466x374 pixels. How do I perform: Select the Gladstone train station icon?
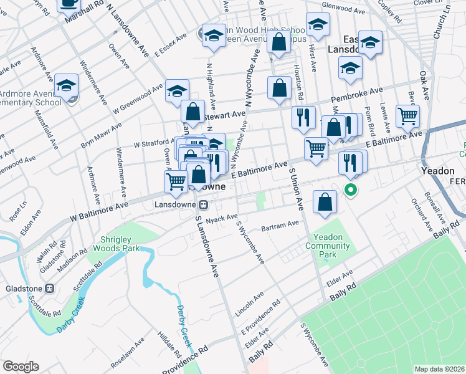coord(50,289)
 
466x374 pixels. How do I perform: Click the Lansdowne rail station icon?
coord(203,204)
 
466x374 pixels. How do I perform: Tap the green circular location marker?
coord(351,191)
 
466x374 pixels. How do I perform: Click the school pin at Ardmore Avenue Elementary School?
coord(67,86)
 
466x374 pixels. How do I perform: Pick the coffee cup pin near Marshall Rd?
coord(69,3)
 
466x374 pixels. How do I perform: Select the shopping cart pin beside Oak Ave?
coord(407,115)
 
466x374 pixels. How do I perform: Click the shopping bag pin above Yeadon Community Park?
coord(325,202)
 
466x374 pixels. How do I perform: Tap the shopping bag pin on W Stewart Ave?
coord(193,112)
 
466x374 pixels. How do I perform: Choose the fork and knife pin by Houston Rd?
coord(303,117)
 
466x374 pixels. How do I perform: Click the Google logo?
coord(21,367)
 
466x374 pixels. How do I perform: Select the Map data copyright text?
coord(440,369)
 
